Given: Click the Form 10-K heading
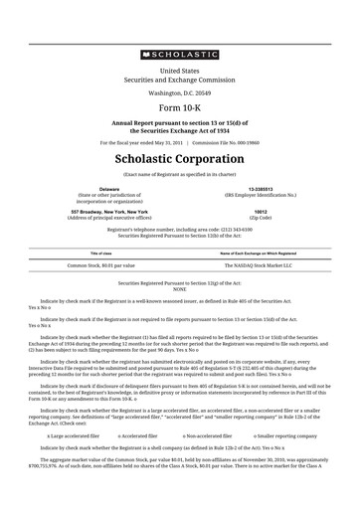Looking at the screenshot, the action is tap(179, 106).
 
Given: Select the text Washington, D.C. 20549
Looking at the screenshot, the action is tap(179, 91).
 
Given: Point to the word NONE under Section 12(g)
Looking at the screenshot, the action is tap(179, 289).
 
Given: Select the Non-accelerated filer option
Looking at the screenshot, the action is tap(211, 434).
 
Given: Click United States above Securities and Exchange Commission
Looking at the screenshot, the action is tap(179, 72).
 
